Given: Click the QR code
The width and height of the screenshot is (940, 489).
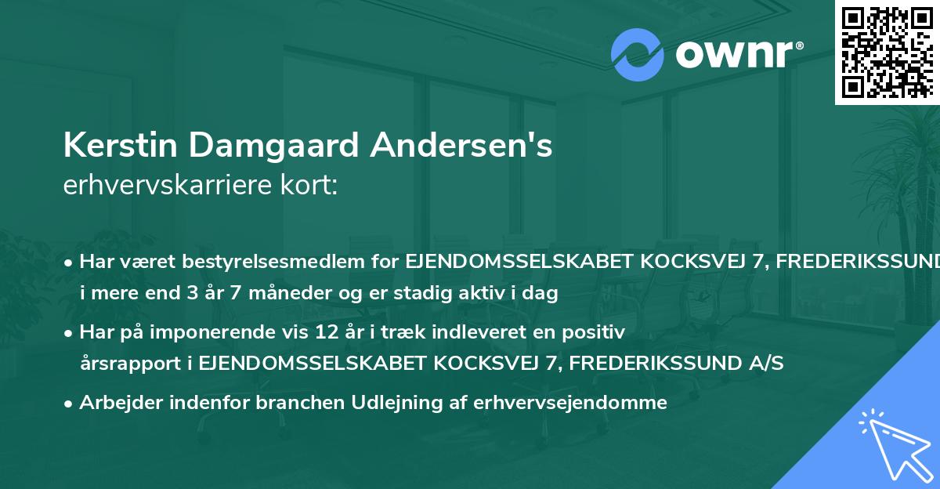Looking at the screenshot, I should pyautogui.click(x=886, y=52).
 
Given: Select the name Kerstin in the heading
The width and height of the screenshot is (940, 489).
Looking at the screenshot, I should pyautogui.click(x=116, y=147).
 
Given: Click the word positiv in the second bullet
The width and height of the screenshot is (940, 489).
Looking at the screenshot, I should pyautogui.click(x=598, y=333).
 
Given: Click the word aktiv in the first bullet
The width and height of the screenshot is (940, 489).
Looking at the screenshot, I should pyautogui.click(x=487, y=295).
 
